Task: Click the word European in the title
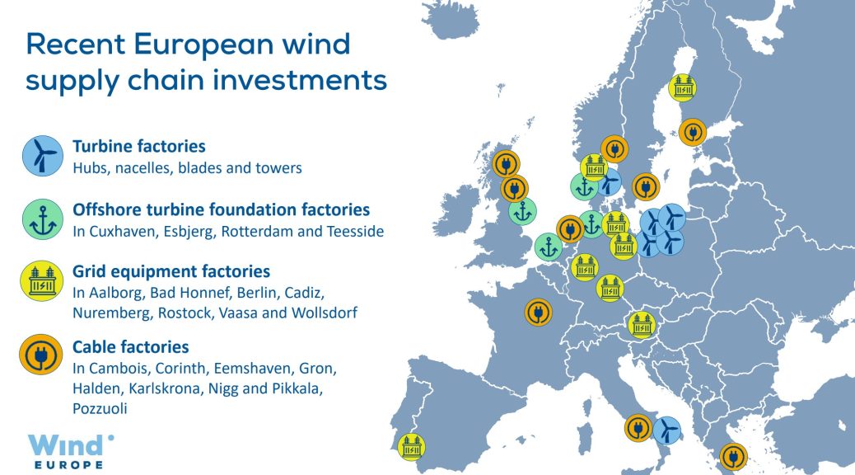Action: click(x=203, y=45)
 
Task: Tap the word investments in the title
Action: click(x=299, y=80)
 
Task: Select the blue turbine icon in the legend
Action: click(x=43, y=156)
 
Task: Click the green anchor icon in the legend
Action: click(x=43, y=219)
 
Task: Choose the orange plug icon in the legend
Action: click(x=40, y=355)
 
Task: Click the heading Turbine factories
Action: click(x=139, y=146)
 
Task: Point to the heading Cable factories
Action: click(x=131, y=346)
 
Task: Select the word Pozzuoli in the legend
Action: click(x=100, y=408)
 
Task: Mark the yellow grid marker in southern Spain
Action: click(x=411, y=447)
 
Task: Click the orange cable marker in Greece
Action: click(x=733, y=457)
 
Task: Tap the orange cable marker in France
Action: click(x=538, y=313)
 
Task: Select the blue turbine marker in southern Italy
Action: click(x=666, y=430)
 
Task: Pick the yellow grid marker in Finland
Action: click(x=683, y=87)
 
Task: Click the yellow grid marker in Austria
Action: click(x=642, y=325)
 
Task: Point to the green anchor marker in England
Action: click(x=522, y=211)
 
